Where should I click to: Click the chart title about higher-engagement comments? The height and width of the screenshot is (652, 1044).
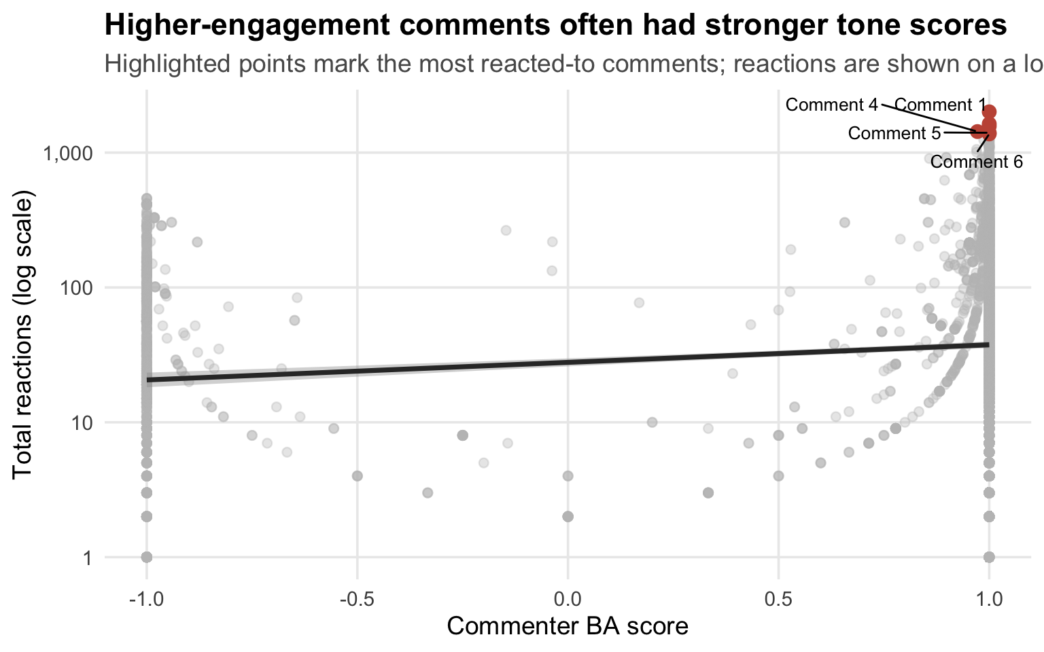[555, 26]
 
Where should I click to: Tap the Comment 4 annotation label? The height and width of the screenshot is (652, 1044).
[831, 105]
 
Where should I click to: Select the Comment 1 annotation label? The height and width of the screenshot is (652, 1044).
[940, 105]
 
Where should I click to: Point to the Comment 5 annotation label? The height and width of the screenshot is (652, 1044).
[894, 133]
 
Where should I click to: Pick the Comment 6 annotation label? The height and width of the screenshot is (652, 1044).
[976, 162]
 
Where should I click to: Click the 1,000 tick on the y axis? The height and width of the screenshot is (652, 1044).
[67, 153]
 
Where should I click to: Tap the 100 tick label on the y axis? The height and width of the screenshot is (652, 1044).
[75, 288]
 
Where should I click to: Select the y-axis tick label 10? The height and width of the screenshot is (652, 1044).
[80, 422]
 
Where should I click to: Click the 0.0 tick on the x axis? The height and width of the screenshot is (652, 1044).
[568, 600]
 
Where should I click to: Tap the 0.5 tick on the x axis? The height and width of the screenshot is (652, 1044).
[778, 600]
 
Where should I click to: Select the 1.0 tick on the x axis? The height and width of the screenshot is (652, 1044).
[989, 600]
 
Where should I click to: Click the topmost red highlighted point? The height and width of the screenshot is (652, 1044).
[989, 111]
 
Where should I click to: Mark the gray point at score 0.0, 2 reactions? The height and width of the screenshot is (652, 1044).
[568, 516]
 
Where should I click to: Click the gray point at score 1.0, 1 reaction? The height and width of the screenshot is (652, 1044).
[989, 557]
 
